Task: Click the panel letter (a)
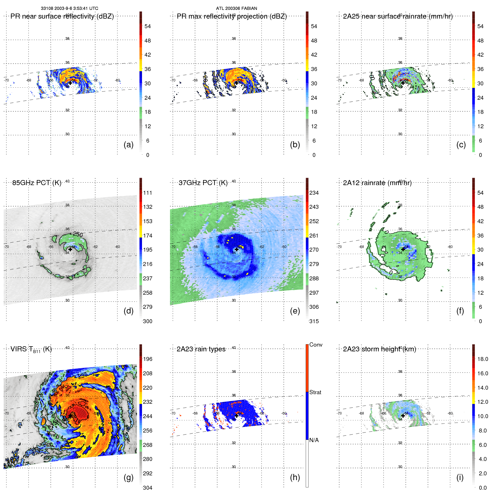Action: click(x=128, y=145)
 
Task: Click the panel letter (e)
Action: click(x=295, y=311)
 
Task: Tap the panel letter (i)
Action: click(x=460, y=478)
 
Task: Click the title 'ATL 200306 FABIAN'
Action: click(x=236, y=8)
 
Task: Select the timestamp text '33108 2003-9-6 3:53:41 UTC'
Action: click(x=70, y=8)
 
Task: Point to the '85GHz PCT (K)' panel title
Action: click(x=37, y=183)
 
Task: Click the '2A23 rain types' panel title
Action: click(x=201, y=349)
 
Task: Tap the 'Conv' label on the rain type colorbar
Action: click(x=316, y=345)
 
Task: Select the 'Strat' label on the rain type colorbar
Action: click(x=315, y=392)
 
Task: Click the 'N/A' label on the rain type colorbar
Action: click(x=314, y=440)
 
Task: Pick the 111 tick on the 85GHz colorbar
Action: click(x=148, y=193)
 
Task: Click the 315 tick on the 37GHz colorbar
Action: click(x=314, y=321)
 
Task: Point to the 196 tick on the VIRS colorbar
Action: click(x=148, y=359)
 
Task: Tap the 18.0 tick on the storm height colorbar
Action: click(x=483, y=359)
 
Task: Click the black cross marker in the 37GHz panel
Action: click(x=237, y=249)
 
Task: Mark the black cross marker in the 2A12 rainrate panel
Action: click(x=403, y=249)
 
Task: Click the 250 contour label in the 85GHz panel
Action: click(x=78, y=234)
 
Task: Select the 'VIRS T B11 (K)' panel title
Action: click(x=31, y=349)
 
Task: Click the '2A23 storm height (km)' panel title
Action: click(x=380, y=349)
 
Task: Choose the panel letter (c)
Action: click(x=461, y=145)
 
